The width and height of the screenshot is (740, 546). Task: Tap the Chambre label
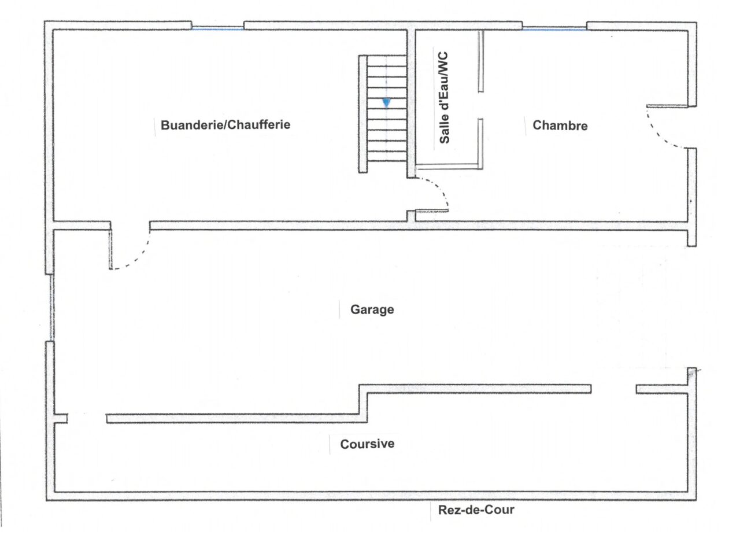click(x=560, y=126)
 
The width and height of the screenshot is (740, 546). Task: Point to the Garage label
click(x=372, y=309)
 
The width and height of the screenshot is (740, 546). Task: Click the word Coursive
click(x=367, y=444)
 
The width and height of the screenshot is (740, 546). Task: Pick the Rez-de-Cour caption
click(x=476, y=510)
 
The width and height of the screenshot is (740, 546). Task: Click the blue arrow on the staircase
click(x=386, y=103)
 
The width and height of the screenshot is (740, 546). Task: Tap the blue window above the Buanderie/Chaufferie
click(x=217, y=28)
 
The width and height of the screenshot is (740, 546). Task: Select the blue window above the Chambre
click(x=554, y=28)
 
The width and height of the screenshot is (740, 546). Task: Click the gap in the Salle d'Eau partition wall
click(x=480, y=105)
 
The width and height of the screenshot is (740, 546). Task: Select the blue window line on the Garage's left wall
click(x=51, y=307)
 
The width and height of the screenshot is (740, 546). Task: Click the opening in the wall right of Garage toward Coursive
click(x=613, y=389)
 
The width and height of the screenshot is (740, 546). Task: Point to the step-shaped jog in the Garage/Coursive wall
click(x=363, y=401)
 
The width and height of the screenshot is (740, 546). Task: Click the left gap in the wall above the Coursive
click(x=87, y=418)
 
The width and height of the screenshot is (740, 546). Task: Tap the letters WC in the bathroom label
click(x=444, y=60)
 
